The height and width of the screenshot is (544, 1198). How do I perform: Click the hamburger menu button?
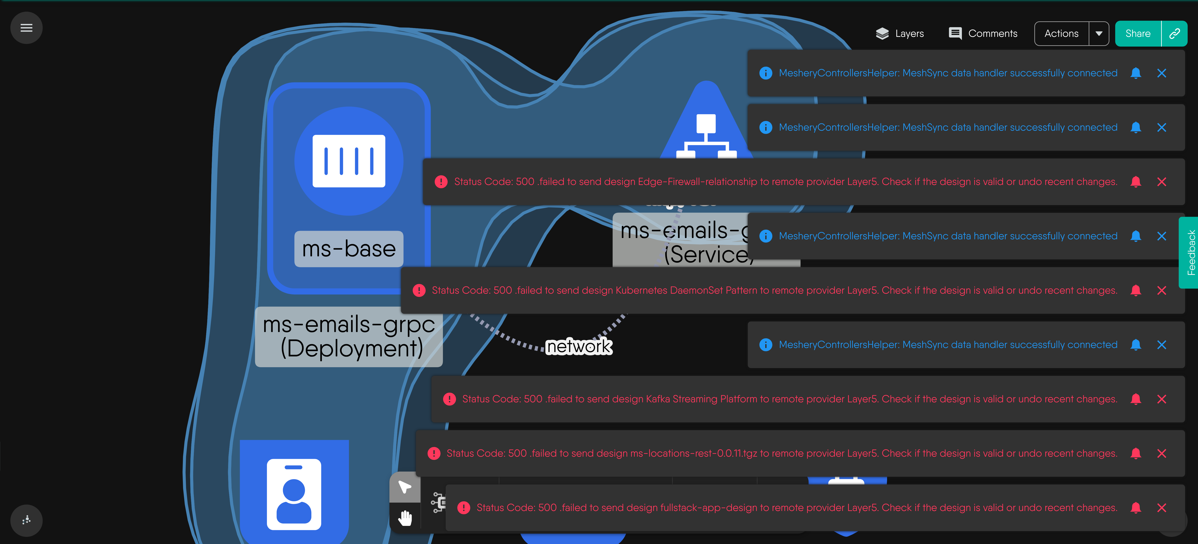click(27, 28)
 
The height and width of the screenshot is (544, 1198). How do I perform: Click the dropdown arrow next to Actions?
click(1099, 33)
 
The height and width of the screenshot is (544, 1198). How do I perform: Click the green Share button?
click(1138, 33)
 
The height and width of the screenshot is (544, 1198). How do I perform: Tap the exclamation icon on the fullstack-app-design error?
click(464, 508)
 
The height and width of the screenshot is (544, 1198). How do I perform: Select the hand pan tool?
click(405, 517)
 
